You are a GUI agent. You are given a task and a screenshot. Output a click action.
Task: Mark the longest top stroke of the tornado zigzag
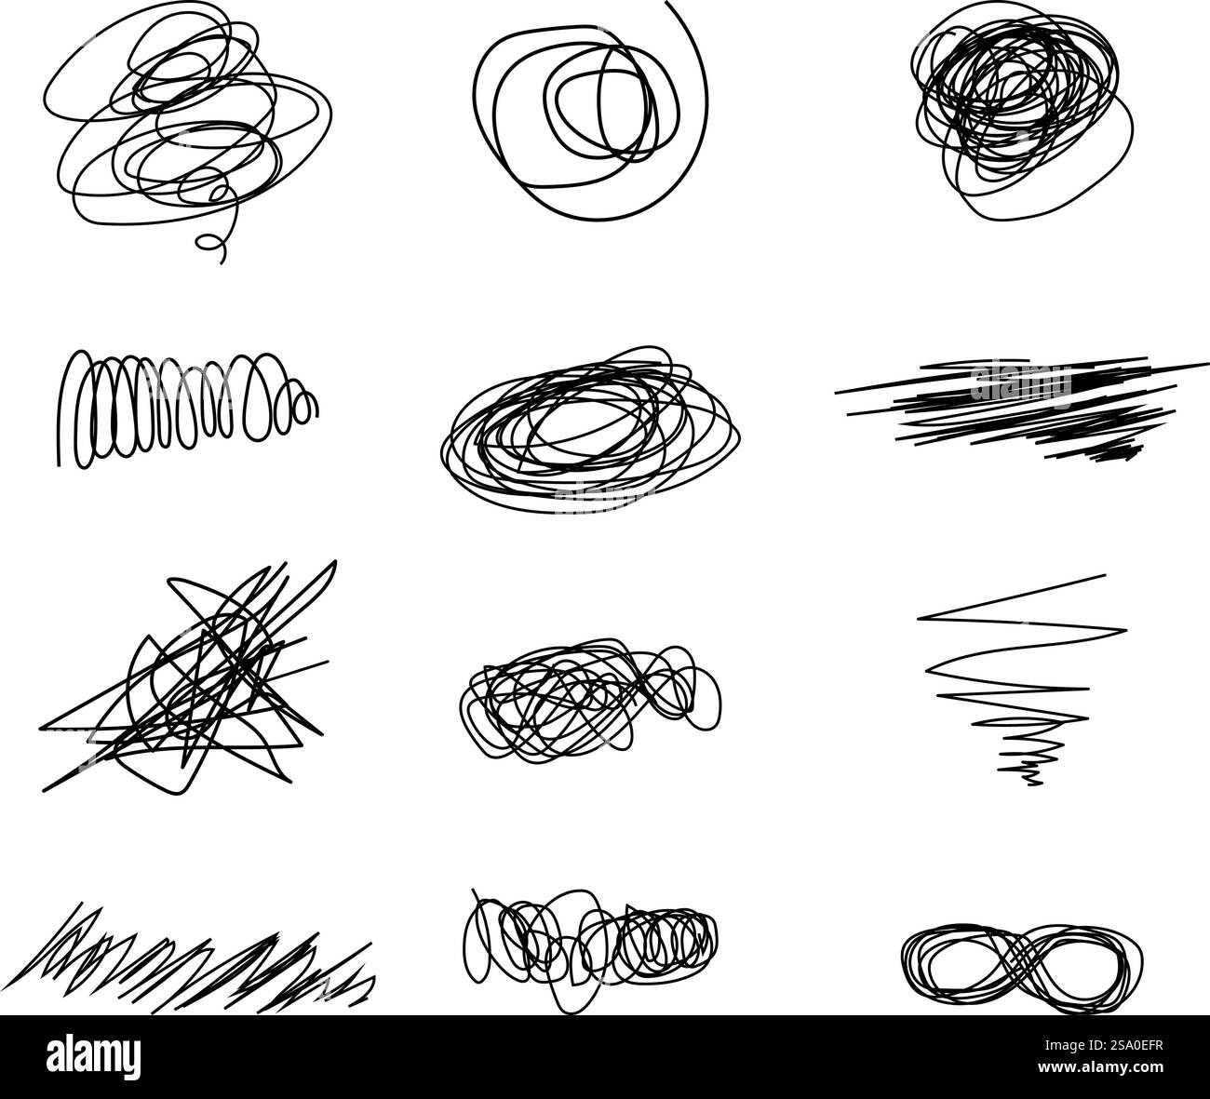point(1015,596)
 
